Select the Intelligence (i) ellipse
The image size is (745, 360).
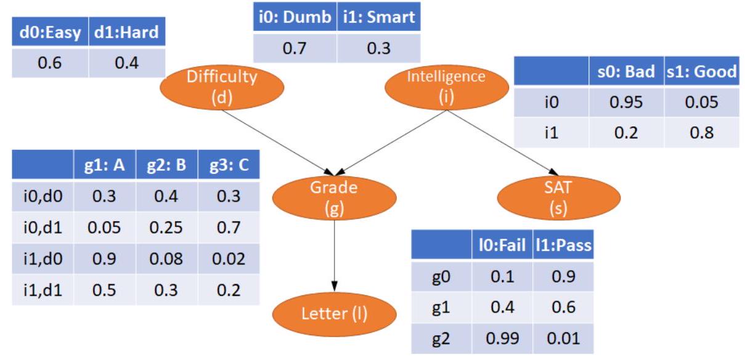tap(446, 87)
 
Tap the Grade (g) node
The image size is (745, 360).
tap(333, 198)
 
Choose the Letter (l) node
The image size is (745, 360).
tap(333, 314)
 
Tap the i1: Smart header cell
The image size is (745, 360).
tap(378, 17)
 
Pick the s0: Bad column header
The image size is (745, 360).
tap(625, 72)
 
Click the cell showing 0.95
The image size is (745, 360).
tap(625, 102)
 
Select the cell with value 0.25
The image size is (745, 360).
tap(166, 227)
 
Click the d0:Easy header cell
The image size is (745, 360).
tap(51, 32)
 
